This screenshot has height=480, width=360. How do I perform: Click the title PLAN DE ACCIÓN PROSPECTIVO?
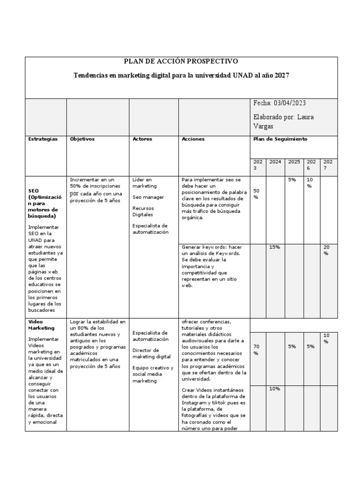[x=180, y=61]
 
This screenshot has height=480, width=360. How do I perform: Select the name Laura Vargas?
[x=283, y=122]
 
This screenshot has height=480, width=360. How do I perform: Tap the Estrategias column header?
[x=43, y=139]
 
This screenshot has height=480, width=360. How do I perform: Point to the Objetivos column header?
[x=82, y=139]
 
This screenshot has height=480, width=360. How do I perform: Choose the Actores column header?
[x=142, y=139]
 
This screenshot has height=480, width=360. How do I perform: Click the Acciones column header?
[x=193, y=139]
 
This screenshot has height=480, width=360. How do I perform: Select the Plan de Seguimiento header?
[x=280, y=139]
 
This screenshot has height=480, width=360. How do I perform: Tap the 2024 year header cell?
[x=275, y=162]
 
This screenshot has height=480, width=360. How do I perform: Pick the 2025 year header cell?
[x=294, y=162]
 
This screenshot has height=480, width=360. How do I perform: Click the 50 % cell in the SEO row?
[x=256, y=194]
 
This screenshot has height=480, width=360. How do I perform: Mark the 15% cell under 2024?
[x=275, y=247]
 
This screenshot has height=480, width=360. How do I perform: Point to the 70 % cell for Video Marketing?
[x=256, y=350]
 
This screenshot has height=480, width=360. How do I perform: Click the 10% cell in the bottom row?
[x=275, y=389]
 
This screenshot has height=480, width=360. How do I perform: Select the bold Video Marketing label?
[x=41, y=325]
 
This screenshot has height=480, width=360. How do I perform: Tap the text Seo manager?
[x=148, y=197]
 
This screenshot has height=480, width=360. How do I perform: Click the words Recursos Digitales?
[x=143, y=211]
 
